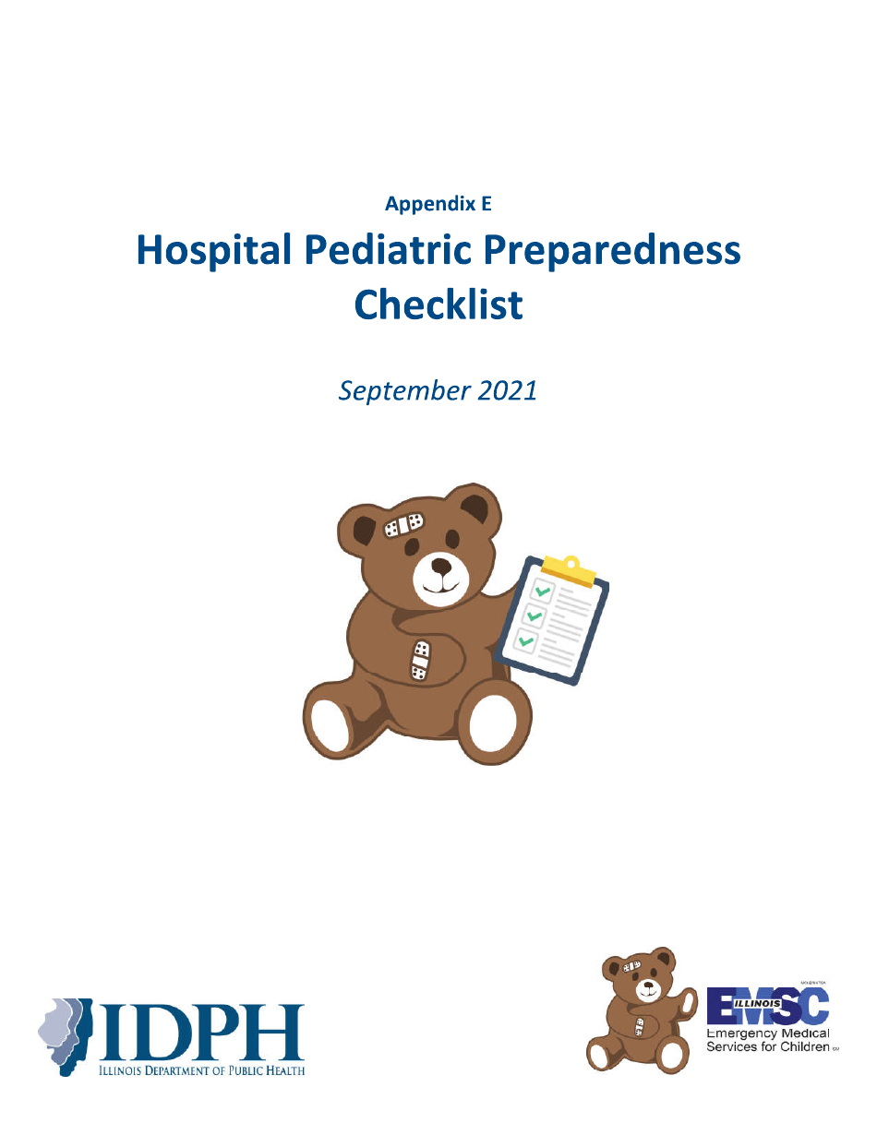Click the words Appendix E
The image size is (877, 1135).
click(438, 204)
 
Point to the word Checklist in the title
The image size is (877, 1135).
click(438, 305)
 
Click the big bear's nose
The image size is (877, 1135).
click(442, 565)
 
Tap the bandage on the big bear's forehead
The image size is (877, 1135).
click(403, 524)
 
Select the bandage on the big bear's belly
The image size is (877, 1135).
click(420, 660)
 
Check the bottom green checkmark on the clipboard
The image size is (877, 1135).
click(525, 639)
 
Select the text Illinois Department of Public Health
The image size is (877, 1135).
click(201, 1070)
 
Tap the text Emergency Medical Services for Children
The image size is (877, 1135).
click(768, 1040)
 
